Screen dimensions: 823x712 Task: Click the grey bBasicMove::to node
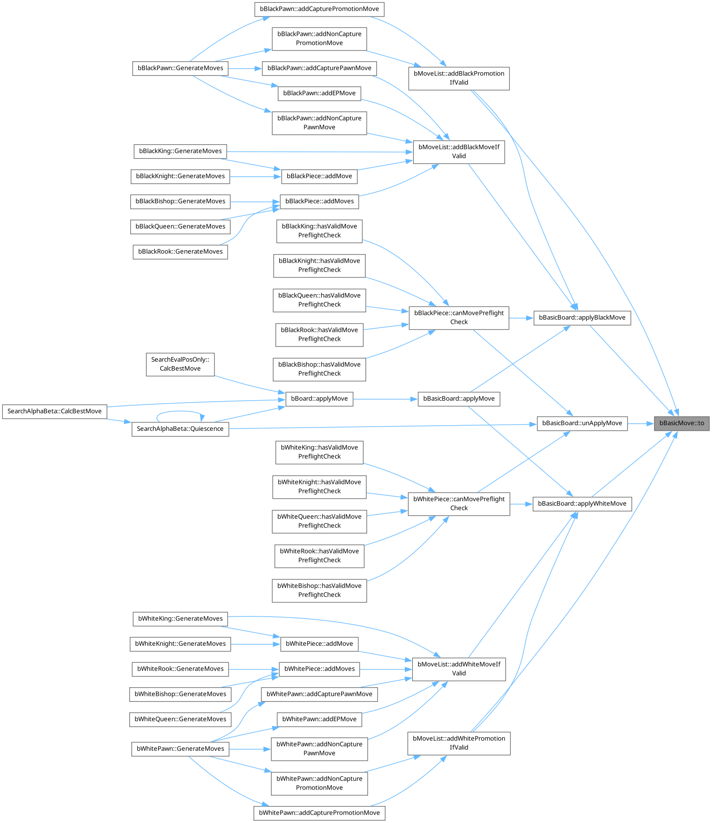tap(681, 423)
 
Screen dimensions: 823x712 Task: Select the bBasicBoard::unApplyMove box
tap(582, 423)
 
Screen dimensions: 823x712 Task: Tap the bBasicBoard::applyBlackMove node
tap(582, 317)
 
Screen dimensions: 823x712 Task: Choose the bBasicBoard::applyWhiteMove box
tap(582, 503)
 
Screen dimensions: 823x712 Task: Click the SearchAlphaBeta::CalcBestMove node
tap(54, 411)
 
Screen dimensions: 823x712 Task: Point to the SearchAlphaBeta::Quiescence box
tap(180, 428)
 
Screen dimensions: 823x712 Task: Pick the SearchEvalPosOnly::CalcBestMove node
tap(180, 364)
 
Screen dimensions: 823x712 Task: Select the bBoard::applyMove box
tap(319, 398)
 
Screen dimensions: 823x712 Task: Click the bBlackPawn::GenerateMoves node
tap(180, 68)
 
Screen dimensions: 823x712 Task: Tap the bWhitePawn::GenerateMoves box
tap(180, 749)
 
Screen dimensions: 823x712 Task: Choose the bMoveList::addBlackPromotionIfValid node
tap(459, 78)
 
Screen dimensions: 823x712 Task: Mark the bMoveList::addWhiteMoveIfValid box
tap(459, 668)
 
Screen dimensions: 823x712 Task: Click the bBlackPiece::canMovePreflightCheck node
tap(459, 317)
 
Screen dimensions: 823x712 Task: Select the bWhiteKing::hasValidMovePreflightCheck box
tap(319, 452)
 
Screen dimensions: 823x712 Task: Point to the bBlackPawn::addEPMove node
tap(319, 93)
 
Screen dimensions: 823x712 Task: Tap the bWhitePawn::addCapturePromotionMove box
tap(319, 813)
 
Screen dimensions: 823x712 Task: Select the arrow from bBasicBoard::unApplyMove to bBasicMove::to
tap(640, 423)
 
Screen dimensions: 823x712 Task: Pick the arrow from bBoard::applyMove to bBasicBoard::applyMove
tap(385, 399)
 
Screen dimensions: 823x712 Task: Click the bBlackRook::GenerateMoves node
tap(180, 251)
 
